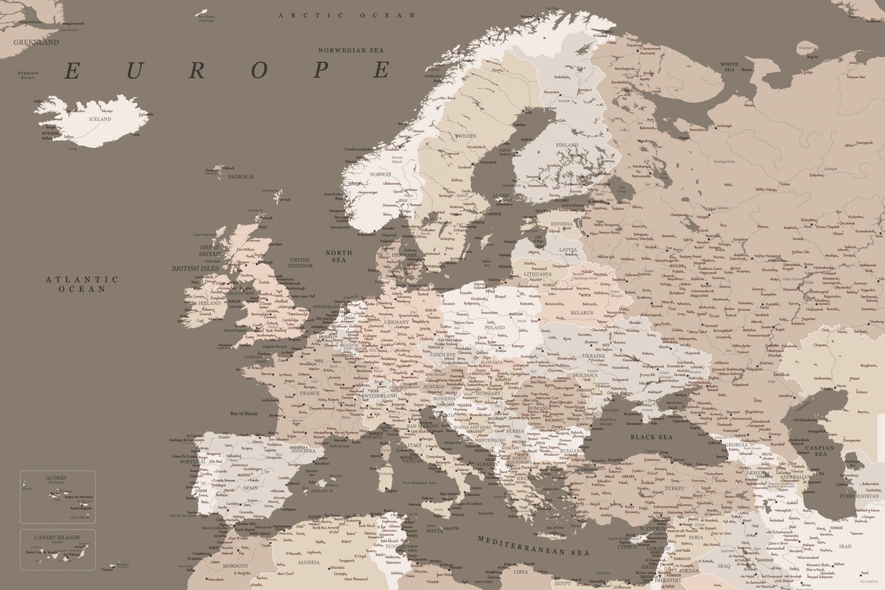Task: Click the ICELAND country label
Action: pos(100,119)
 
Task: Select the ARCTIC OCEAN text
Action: pos(347,15)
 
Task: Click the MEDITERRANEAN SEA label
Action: pos(533,546)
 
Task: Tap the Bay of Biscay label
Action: pos(243,414)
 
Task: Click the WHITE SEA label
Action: pos(729,67)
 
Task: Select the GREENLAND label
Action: pos(36,42)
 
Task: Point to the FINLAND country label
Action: pos(567,145)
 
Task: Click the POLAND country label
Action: pos(494,327)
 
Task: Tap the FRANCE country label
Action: pos(310,393)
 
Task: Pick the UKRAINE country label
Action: pos(593,356)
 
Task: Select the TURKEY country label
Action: pos(674,488)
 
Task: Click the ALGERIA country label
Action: pos(308,562)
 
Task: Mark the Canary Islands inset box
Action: pos(57,549)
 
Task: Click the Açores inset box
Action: pos(57,497)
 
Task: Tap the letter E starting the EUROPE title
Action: pos(71,71)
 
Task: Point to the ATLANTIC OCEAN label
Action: pos(82,284)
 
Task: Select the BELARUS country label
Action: pos(582,312)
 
